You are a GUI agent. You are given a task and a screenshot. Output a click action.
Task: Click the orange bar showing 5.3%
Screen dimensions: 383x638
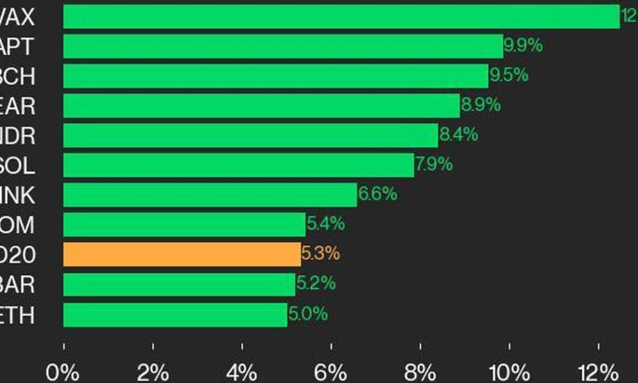pyautogui.click(x=182, y=254)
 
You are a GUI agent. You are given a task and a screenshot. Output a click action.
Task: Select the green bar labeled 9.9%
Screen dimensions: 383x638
pyautogui.click(x=283, y=46)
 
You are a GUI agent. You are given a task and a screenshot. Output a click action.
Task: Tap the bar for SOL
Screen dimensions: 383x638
pyautogui.click(x=239, y=165)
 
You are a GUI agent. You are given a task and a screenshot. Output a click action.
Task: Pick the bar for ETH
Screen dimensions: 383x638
pyautogui.click(x=175, y=314)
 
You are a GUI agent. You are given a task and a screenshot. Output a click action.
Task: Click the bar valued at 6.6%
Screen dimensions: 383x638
pyautogui.click(x=210, y=195)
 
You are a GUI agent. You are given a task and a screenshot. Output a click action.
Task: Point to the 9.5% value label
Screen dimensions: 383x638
pyautogui.click(x=508, y=75)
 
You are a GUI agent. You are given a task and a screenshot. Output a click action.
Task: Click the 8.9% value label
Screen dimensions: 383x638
pyautogui.click(x=480, y=105)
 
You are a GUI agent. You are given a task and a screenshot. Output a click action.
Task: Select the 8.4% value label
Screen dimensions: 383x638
pyautogui.click(x=458, y=135)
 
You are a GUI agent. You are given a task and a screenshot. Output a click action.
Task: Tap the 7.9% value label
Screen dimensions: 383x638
pyautogui.click(x=434, y=165)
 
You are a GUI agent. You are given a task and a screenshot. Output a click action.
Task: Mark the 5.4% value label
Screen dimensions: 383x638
pyautogui.click(x=326, y=224)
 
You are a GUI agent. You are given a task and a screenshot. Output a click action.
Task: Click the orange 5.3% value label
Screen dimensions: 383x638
pyautogui.click(x=320, y=254)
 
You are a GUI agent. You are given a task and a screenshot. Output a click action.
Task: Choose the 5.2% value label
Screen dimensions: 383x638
pyautogui.click(x=316, y=284)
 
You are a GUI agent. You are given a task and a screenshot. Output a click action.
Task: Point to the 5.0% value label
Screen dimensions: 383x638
pyautogui.click(x=308, y=314)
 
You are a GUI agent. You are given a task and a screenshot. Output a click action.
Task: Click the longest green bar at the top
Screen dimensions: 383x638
pyautogui.click(x=341, y=17)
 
